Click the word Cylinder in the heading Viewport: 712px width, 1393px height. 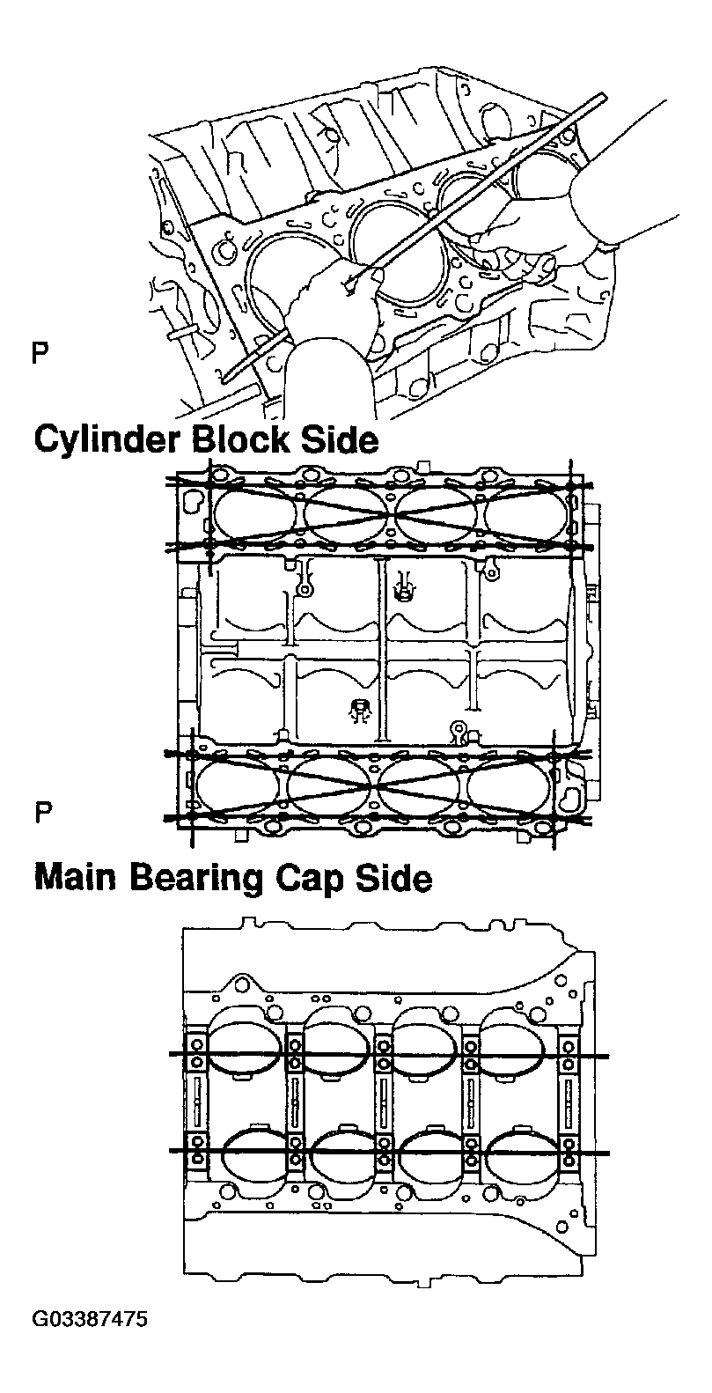(x=106, y=440)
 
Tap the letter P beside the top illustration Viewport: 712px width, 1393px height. (x=39, y=355)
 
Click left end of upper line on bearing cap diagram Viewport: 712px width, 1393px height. (x=172, y=1054)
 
